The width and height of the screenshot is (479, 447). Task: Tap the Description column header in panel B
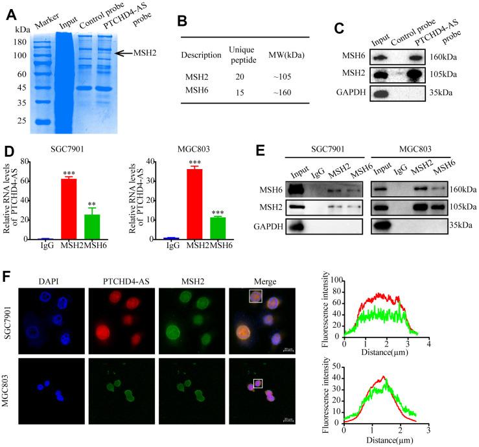pos(201,55)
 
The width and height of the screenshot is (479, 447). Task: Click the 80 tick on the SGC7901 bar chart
pos(30,159)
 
